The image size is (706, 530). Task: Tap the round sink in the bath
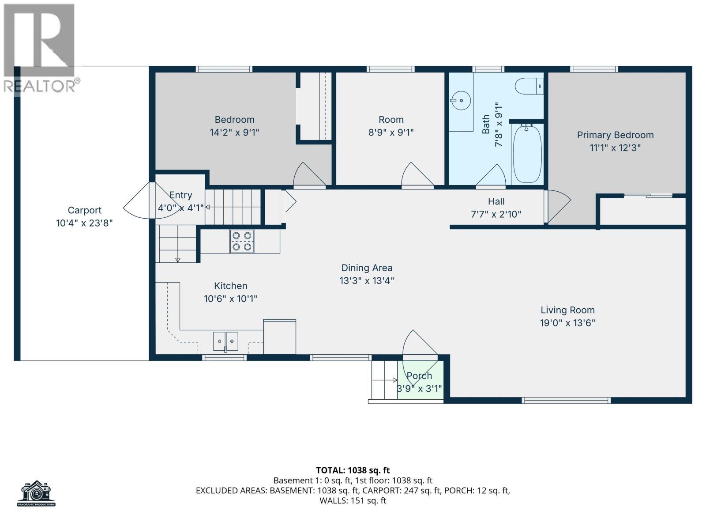pyautogui.click(x=461, y=101)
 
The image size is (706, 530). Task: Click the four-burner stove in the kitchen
pyautogui.click(x=242, y=242)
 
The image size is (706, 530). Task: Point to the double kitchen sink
pyautogui.click(x=225, y=341)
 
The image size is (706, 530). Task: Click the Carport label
pyautogui.click(x=84, y=210)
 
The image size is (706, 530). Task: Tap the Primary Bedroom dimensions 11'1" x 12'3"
pyautogui.click(x=615, y=148)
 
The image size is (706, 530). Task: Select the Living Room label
pyautogui.click(x=567, y=310)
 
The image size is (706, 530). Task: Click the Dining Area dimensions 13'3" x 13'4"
pyautogui.click(x=367, y=280)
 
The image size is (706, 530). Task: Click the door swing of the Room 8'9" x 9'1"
pyautogui.click(x=416, y=175)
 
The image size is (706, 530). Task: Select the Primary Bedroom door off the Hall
pyautogui.click(x=556, y=206)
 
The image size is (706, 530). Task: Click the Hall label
pyautogui.click(x=496, y=202)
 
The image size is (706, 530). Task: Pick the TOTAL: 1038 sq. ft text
pyautogui.click(x=353, y=470)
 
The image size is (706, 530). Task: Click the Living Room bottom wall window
pyautogui.click(x=566, y=401)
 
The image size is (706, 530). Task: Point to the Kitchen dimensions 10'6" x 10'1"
pyautogui.click(x=230, y=299)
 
